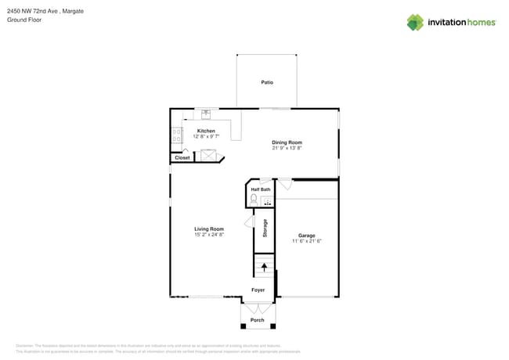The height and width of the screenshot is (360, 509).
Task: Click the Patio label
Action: [267, 82]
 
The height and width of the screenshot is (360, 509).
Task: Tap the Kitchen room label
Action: [206, 131]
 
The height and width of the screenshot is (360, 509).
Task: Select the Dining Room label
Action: [287, 142]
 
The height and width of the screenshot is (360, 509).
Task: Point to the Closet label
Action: [182, 157]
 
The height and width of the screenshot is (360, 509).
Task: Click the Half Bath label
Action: [261, 189]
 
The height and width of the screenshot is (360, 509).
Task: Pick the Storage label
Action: [265, 228]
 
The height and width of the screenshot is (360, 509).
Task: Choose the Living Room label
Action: [209, 229]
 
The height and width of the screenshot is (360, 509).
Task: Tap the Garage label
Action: [306, 236]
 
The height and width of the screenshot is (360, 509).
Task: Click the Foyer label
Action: [258, 290]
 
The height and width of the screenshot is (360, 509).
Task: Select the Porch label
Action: [257, 320]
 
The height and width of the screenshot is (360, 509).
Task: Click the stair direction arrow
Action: [264, 267]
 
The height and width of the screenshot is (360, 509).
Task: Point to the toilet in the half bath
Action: [254, 200]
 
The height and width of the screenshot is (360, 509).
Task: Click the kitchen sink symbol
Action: [205, 112]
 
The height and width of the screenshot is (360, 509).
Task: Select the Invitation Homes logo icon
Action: [414, 22]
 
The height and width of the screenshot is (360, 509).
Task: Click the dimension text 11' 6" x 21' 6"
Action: [306, 241]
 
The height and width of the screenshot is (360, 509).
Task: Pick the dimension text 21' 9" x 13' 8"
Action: [287, 148]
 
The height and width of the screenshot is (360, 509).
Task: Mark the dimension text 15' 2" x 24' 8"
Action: [209, 235]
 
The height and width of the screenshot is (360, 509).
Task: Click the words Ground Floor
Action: [24, 20]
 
